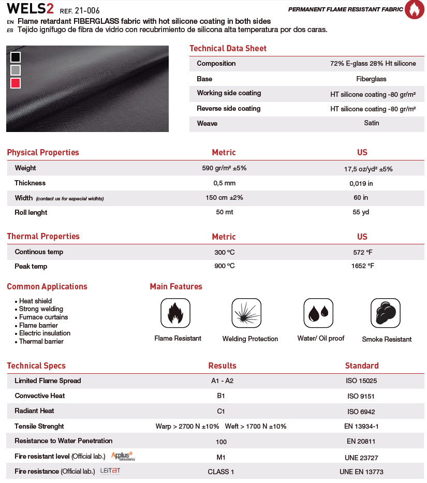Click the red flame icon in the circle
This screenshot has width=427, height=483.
tap(414, 10)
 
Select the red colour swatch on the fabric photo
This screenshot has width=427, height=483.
tap(16, 83)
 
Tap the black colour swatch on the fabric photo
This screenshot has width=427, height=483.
tap(16, 57)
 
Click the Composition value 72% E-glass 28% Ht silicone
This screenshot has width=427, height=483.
tap(373, 64)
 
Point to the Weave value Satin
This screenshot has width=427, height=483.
tap(372, 123)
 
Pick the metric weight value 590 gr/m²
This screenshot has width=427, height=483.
tap(224, 168)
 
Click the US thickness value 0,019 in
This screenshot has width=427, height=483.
tap(361, 183)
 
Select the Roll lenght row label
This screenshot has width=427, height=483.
tap(31, 212)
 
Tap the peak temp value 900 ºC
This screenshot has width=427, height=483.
tap(224, 266)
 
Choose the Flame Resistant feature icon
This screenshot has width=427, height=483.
tap(175, 313)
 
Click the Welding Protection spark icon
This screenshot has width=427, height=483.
tap(246, 313)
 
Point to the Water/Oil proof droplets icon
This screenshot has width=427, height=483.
tap(318, 313)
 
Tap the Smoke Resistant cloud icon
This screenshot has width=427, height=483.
tap(386, 313)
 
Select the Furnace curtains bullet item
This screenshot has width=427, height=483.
tap(43, 317)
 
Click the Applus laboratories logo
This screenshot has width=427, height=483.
tap(123, 456)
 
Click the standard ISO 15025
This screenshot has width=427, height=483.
tap(361, 381)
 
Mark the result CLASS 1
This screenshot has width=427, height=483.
tap(221, 472)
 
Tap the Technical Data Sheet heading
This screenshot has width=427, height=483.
tap(228, 49)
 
